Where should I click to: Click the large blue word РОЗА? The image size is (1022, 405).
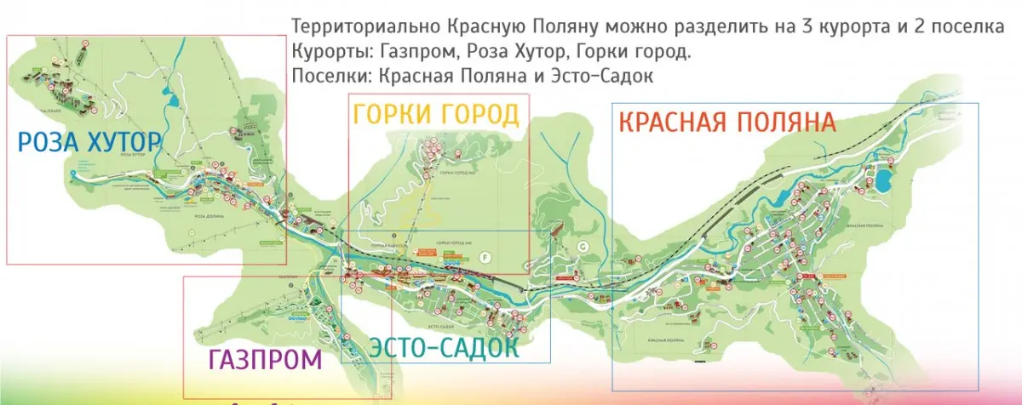pyautogui.click(x=51, y=142)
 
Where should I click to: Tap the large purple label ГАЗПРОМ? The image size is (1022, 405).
pyautogui.click(x=265, y=360)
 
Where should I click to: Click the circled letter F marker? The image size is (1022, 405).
pyautogui.click(x=486, y=255)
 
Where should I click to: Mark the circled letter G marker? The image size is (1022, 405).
pyautogui.click(x=583, y=246)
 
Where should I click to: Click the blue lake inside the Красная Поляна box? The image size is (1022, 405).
pyautogui.click(x=883, y=180)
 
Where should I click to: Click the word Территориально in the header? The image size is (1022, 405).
pyautogui.click(x=352, y=26)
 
